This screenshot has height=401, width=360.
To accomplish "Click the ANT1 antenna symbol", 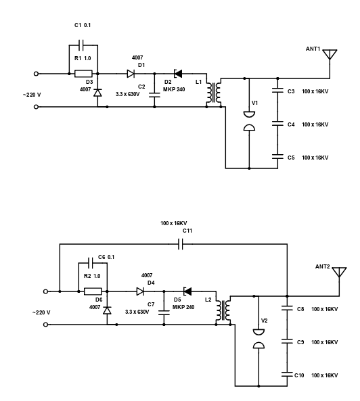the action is coord(330,54).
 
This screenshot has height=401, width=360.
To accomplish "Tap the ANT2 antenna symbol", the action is coord(339,272).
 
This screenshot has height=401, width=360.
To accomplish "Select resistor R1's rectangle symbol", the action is coord(83,74).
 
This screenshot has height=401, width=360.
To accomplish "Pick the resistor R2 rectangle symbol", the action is coord(93,291).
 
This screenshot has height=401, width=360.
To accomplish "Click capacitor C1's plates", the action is coord(81,45).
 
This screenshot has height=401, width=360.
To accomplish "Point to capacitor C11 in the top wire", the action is coord(181,244).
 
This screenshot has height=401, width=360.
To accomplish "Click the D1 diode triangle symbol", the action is coord(131,74).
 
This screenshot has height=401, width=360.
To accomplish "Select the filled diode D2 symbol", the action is coord(178,74).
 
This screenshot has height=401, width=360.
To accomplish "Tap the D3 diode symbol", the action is coord(97,93).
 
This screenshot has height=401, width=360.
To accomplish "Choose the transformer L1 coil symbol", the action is coord(214,93).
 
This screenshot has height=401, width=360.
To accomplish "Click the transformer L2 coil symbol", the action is coord(223,310).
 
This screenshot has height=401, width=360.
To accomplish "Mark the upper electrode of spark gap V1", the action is coord(249,114).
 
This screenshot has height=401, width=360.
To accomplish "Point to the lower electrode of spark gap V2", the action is coord(258,346).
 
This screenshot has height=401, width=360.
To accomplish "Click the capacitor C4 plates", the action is coord(278,124).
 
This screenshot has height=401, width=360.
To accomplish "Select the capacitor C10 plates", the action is coord(287,375).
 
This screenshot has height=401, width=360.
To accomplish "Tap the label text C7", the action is coord(151,304).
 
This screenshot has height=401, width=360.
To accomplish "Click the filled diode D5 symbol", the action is coord(187,291).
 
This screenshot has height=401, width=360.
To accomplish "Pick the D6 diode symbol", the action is coord(107,310).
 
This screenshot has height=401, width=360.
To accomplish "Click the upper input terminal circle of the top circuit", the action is coord(36,74).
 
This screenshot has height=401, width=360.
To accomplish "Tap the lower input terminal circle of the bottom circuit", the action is coord(45,325).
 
